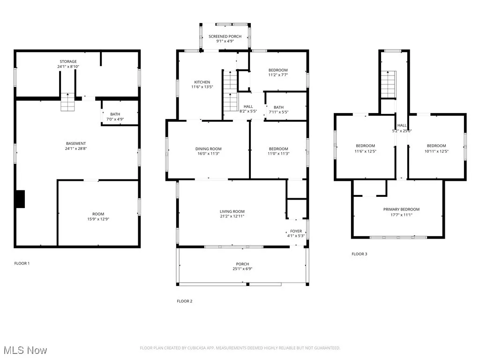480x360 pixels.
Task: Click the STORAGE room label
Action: [x=68, y=62]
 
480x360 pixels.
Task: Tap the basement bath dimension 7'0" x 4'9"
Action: [x=115, y=120]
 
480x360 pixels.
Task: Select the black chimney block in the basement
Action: [x=20, y=198]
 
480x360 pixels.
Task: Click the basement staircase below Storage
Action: [x=67, y=102]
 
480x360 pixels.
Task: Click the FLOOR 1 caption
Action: [x=22, y=263]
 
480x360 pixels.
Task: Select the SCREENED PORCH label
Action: [x=225, y=37]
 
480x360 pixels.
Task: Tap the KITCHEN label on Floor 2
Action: [x=202, y=82]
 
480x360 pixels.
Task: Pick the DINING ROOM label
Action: [x=208, y=149]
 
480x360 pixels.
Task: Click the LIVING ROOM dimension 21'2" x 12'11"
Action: [x=232, y=216]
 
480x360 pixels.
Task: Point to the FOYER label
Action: [x=296, y=231]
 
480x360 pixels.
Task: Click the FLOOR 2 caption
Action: [x=184, y=301]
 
